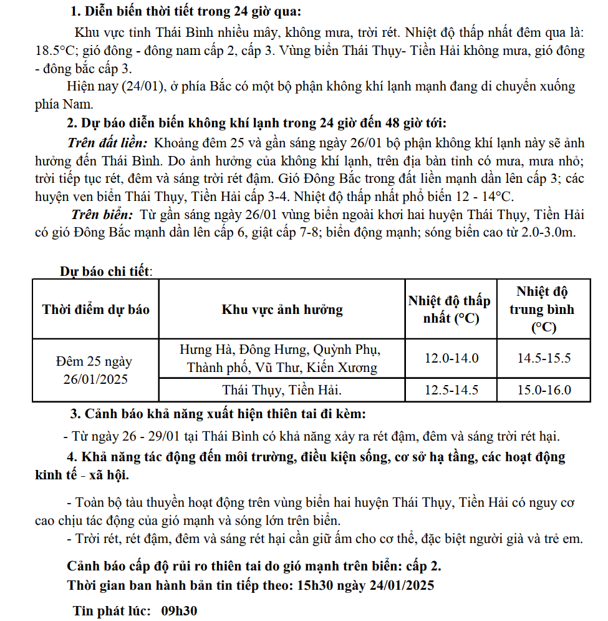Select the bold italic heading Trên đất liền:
(107, 142)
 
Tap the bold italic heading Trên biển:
(102, 215)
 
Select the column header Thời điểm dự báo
(95, 310)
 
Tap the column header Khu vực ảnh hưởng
(282, 310)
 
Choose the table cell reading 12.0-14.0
(451, 358)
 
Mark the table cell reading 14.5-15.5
(544, 358)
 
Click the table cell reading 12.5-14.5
(451, 391)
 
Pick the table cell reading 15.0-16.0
(544, 391)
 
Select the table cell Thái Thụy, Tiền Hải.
(282, 391)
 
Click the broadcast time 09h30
(179, 610)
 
